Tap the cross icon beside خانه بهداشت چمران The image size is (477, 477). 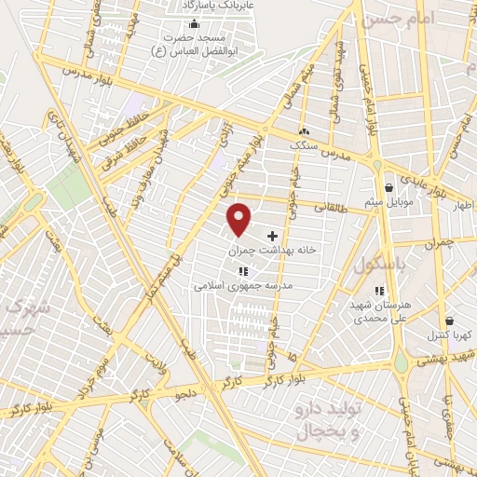tap(272, 237)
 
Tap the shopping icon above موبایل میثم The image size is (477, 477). tap(388, 187)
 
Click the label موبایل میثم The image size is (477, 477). tap(388, 201)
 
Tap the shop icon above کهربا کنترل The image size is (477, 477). tap(449, 320)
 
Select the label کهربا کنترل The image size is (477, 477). tap(451, 334)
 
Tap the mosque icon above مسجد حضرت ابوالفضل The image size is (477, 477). tap(193, 24)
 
